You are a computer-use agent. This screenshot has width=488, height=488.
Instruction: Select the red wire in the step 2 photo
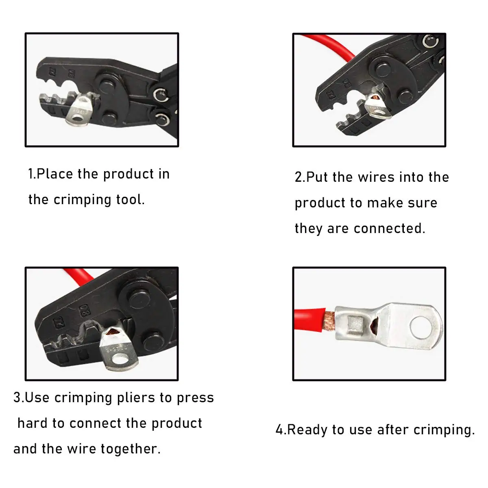pos(329,44)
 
